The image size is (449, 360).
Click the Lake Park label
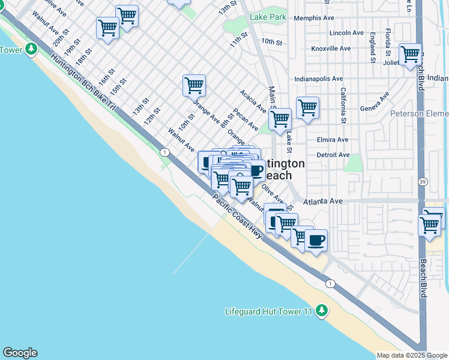(x=268, y=17)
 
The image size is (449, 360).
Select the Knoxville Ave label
(x=331, y=48)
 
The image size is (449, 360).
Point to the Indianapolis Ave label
(x=318, y=79)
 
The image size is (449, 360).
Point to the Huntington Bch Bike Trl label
(x=83, y=83)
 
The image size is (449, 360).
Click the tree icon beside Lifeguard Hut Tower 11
(x=322, y=310)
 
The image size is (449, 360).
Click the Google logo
(x=20, y=353)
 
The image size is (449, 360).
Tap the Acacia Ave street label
(x=253, y=102)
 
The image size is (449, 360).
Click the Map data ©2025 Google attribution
(x=412, y=355)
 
